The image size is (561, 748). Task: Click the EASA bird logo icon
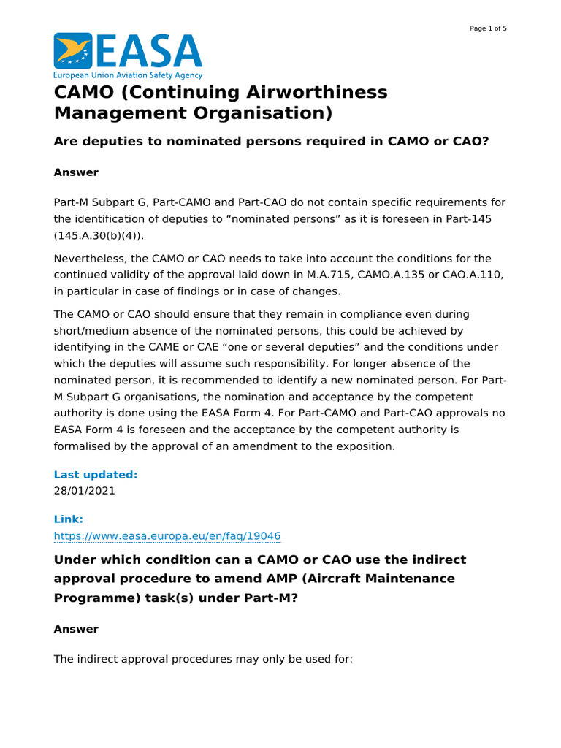point(73,51)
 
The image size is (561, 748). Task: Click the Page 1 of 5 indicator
point(488,28)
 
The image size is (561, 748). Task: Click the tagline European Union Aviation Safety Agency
point(128,75)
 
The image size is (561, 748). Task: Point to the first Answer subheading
point(76,172)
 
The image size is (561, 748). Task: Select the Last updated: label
point(96,475)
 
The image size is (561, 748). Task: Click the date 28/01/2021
point(85,491)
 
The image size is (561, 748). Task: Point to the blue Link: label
point(69,519)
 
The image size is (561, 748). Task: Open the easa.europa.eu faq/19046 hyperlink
point(167,536)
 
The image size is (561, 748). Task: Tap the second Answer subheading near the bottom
point(76,629)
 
